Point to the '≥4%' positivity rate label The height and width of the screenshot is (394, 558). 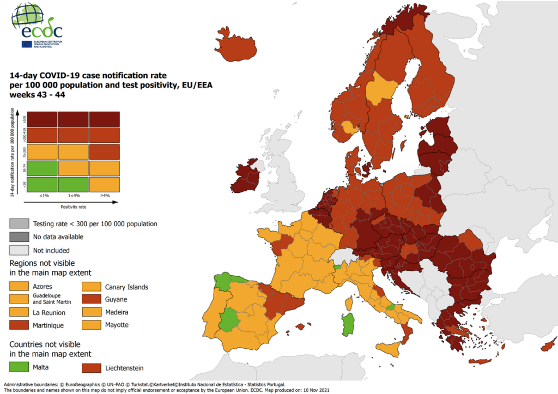(x=105, y=196)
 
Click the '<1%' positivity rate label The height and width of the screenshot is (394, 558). (x=42, y=196)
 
